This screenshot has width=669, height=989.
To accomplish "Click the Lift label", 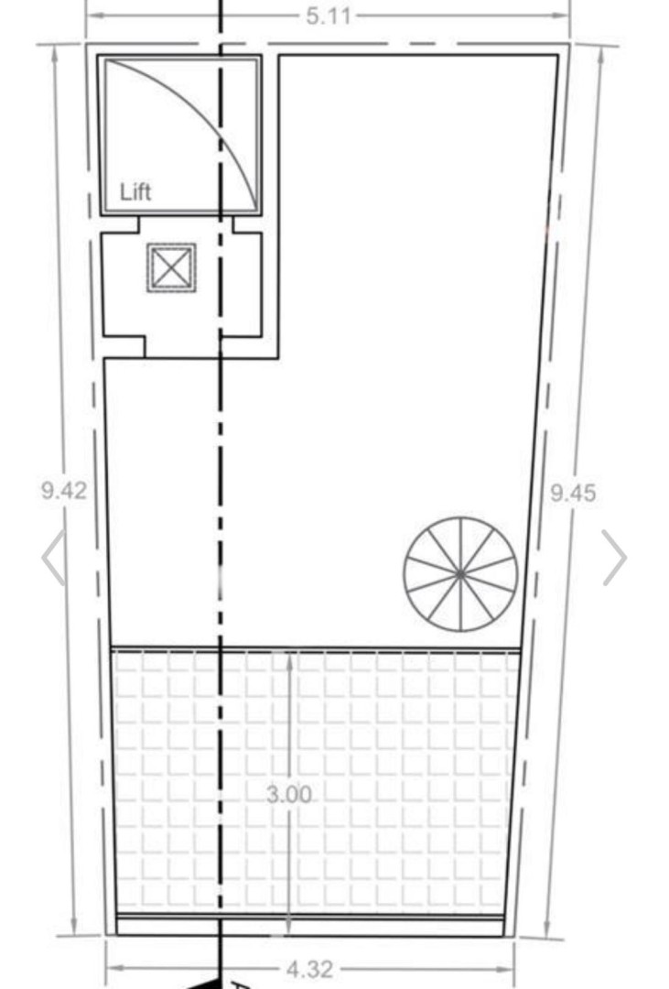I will coord(135,192).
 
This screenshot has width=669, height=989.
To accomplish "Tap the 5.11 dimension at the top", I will coord(328,16).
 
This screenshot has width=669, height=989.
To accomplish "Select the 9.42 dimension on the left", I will coord(64,490).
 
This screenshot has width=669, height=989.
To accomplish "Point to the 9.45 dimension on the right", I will coord(572,494).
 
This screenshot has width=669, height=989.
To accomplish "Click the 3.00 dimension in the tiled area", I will coord(289,795).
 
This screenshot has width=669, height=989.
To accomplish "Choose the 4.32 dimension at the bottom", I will coord(308,969).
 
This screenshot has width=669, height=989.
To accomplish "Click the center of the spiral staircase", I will coord(460,574).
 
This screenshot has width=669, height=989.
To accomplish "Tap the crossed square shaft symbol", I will coord(171,267).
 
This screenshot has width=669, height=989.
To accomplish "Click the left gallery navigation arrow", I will coord(53,557).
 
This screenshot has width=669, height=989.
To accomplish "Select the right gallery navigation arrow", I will coord(614,557).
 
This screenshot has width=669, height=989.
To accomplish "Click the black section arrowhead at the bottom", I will coord(207,983).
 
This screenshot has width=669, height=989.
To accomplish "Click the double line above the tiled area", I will coord(366,649).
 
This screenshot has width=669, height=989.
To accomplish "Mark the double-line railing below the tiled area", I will coord(366,916).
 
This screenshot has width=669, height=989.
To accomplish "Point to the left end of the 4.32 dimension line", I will coord(108,969).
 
